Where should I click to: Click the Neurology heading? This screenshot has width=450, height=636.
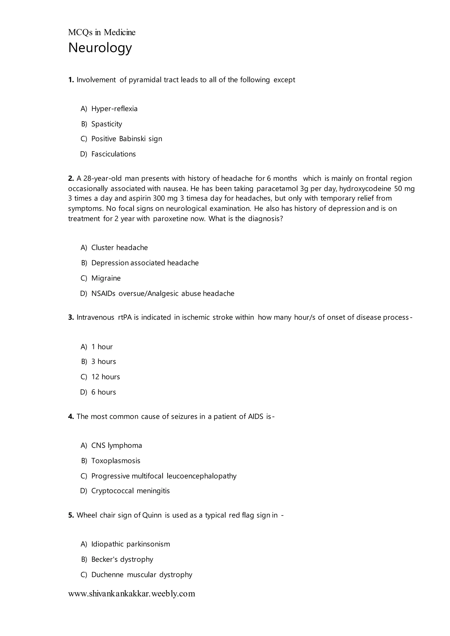point(100,48)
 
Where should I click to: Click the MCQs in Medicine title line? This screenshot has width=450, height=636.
point(102,33)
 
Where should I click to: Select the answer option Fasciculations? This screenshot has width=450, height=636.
point(113,154)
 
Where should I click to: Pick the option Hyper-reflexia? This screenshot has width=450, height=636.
point(114,108)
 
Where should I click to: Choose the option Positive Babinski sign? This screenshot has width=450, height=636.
point(127,139)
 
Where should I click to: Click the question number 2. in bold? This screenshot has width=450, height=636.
point(71,178)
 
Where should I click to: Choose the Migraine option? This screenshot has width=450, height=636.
point(106,278)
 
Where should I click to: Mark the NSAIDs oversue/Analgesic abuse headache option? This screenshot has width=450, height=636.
point(163,293)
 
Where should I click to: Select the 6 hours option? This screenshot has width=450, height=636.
point(104,392)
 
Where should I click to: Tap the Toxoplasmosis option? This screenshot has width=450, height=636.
point(116,461)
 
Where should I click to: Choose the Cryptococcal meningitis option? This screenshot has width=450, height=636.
point(131,491)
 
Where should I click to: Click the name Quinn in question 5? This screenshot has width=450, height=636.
point(152,515)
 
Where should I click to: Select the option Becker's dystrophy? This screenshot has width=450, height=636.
point(122,559)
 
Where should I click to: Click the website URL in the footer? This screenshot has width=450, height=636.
point(132,594)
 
